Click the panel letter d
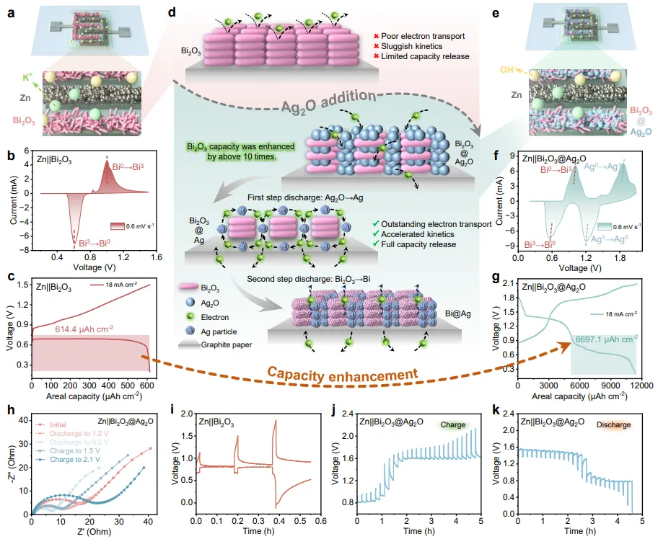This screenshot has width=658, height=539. [x=171, y=12]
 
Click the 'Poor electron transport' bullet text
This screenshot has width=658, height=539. [x=423, y=35]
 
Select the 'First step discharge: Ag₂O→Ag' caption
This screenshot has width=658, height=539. [x=287, y=197]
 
